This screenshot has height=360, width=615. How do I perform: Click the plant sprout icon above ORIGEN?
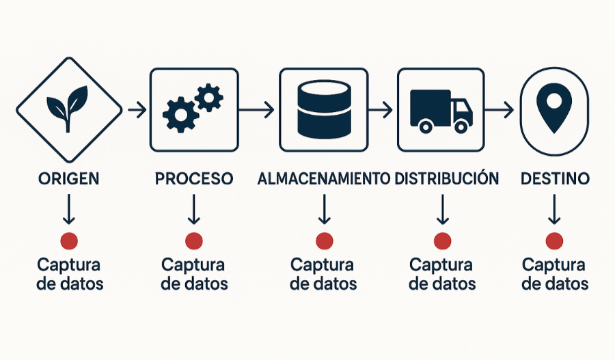(x=68, y=107)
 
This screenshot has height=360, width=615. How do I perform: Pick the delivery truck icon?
(x=441, y=110)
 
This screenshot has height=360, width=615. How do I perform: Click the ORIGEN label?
(x=68, y=179)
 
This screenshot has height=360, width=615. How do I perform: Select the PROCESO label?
(x=194, y=179)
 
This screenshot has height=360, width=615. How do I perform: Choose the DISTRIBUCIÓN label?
(x=446, y=179)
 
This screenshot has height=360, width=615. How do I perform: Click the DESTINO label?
(x=555, y=179)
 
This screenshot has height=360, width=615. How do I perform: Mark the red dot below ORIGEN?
(x=69, y=240)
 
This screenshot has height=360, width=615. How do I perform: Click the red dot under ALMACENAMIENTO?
(x=324, y=240)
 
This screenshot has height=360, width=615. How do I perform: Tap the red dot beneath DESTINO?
(x=555, y=240)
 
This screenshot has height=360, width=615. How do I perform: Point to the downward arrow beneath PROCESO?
(x=194, y=210)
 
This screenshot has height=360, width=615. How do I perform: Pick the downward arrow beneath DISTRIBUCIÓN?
(x=442, y=210)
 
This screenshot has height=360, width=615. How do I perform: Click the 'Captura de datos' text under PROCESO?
(x=194, y=274)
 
